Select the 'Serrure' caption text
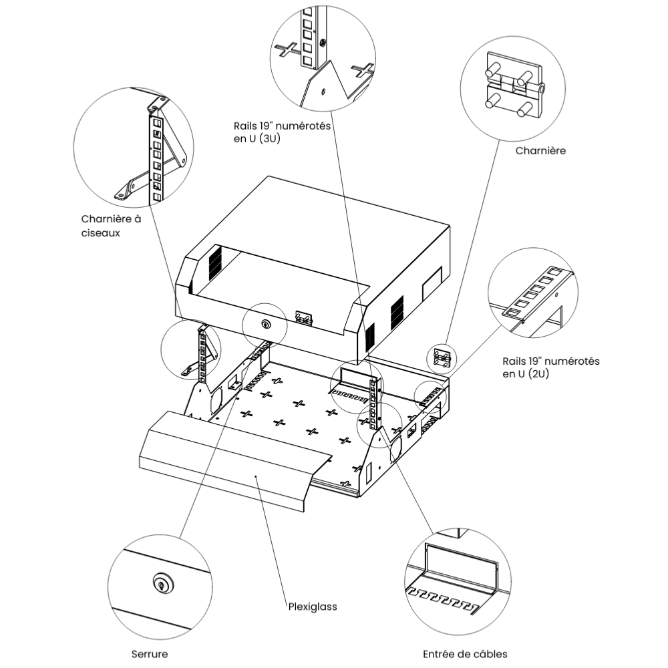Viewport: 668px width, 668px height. pyautogui.click(x=149, y=655)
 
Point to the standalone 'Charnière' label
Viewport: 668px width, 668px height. pyautogui.click(x=540, y=151)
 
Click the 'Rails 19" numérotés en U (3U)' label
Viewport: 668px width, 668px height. pyautogui.click(x=282, y=132)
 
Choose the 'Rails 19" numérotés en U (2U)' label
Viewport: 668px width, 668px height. pyautogui.click(x=550, y=367)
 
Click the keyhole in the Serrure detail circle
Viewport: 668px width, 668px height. pyautogui.click(x=161, y=583)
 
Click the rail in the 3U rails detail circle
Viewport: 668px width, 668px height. pyautogui.click(x=309, y=40)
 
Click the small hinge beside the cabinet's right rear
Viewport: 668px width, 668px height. pyautogui.click(x=441, y=358)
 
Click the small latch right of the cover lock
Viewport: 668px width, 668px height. pyautogui.click(x=305, y=318)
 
